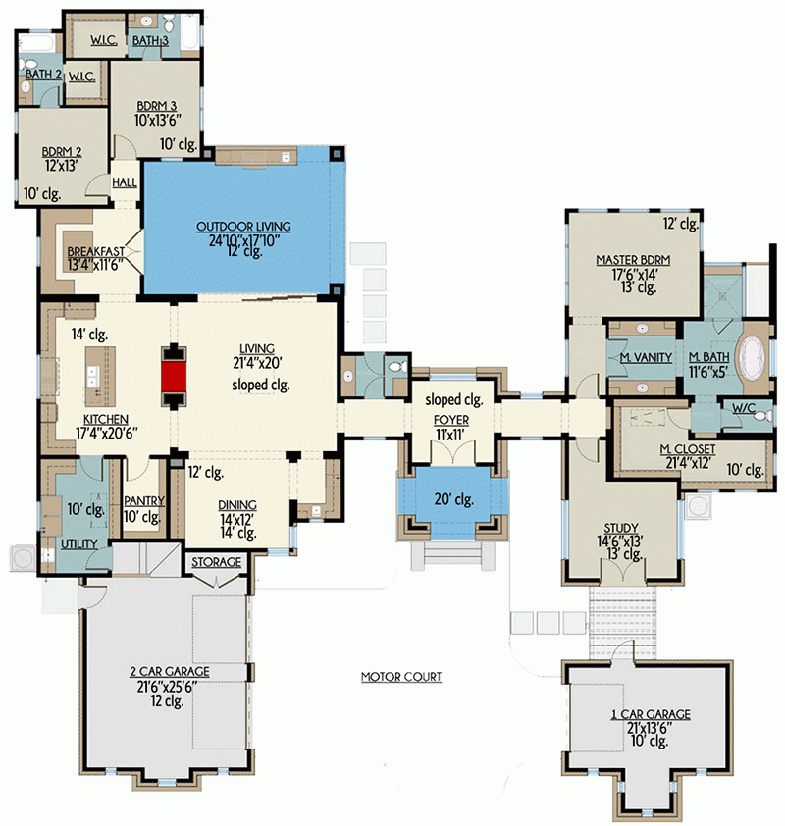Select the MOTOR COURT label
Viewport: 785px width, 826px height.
[400, 677]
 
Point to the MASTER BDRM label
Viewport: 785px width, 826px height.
[632, 260]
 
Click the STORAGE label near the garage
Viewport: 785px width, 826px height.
[215, 563]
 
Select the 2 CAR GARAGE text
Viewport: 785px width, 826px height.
[169, 671]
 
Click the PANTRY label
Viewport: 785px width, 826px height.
[143, 501]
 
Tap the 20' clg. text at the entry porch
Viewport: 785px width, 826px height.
[453, 499]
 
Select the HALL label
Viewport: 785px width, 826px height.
[125, 182]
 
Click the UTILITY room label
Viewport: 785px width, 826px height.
[78, 542]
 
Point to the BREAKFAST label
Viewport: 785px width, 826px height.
[94, 252]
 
